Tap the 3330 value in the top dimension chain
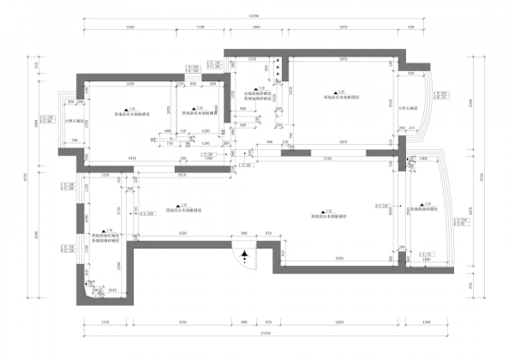[130, 28]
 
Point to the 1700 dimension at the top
[200, 28]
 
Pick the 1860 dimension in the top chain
[256, 28]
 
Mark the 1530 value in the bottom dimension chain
[105, 323]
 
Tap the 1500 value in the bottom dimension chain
[426, 323]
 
